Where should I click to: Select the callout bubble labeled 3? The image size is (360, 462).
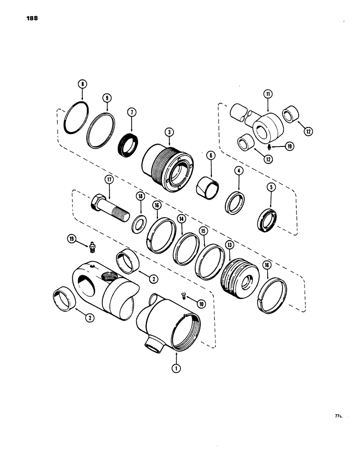point(170,132)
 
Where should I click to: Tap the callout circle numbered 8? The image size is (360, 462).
point(82,85)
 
